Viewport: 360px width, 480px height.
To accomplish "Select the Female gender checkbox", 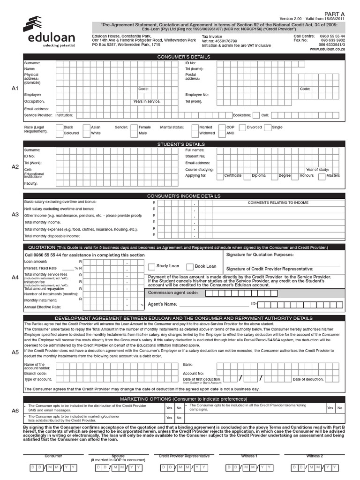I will (x=134, y=127).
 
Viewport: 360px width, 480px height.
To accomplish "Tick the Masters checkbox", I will (x=322, y=176).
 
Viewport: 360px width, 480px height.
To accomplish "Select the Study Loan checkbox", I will (x=151, y=267).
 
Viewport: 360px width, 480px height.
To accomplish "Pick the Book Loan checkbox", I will (x=190, y=267).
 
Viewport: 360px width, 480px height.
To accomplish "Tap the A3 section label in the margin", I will (x=15, y=214).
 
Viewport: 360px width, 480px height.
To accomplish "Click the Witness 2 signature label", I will (x=315, y=456).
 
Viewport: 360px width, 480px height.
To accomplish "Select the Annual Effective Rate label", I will (x=43, y=307).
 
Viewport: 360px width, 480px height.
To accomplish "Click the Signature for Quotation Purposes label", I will (x=260, y=255).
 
